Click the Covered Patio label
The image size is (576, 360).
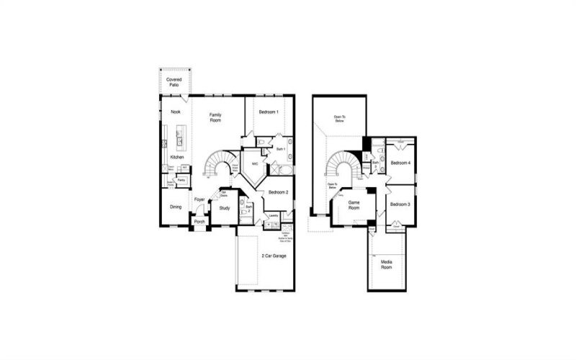pyautogui.click(x=174, y=82)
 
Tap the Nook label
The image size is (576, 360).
pyautogui.click(x=175, y=112)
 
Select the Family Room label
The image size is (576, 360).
pyautogui.click(x=215, y=118)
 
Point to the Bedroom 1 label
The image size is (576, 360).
pyautogui.click(x=269, y=112)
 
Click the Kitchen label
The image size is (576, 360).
pyautogui.click(x=177, y=157)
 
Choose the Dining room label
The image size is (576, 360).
pyautogui.click(x=176, y=207)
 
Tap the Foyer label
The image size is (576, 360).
pyautogui.click(x=199, y=199)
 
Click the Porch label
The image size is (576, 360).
pyautogui.click(x=199, y=222)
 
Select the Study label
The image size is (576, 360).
pyautogui.click(x=225, y=210)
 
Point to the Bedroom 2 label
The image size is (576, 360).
pyautogui.click(x=278, y=192)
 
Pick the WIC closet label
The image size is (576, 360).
pyautogui.click(x=255, y=164)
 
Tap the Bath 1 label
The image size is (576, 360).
pyautogui.click(x=281, y=149)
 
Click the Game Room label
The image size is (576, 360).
pyautogui.click(x=354, y=206)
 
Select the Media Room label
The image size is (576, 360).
pyautogui.click(x=387, y=264)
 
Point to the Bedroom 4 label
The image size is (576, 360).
pyautogui.click(x=400, y=163)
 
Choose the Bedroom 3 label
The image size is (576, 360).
pyautogui.click(x=400, y=204)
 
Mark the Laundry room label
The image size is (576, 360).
pyautogui.click(x=274, y=215)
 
